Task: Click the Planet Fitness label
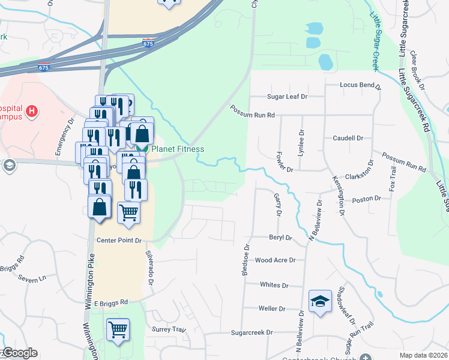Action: [x=177, y=149]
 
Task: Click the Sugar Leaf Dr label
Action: [x=287, y=96]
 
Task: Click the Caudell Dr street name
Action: [x=348, y=138]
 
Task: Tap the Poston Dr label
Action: [x=366, y=199]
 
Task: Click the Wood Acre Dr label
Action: [x=275, y=260]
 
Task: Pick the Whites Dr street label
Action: [x=274, y=286]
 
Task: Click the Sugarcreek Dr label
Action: [x=252, y=332]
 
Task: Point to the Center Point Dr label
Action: [x=119, y=240]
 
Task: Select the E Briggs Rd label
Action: [x=111, y=302]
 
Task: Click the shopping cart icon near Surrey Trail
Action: [x=118, y=329]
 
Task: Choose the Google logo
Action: [x=20, y=353]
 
